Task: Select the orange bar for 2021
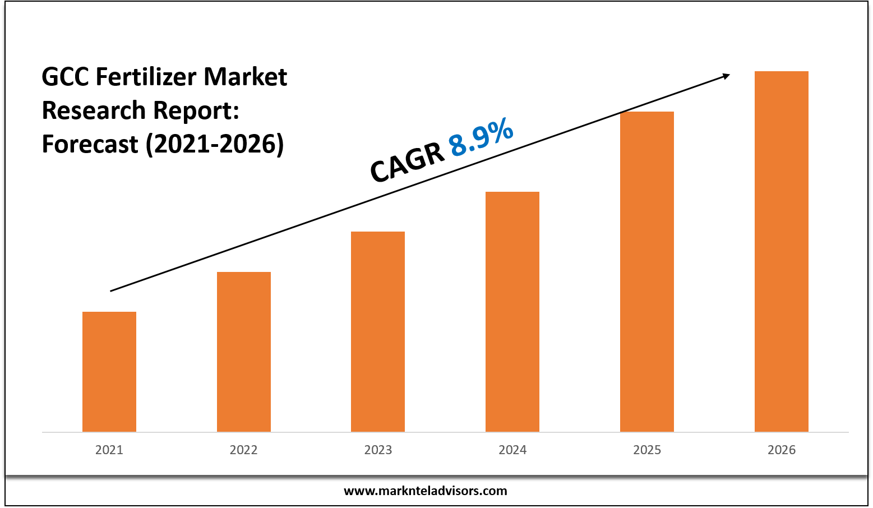109,371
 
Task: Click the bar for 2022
243,352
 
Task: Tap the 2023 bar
378,331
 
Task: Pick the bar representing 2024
512,311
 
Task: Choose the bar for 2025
647,271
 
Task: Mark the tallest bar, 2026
782,251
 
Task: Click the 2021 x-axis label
109,450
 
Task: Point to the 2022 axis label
243,450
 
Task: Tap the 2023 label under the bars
378,450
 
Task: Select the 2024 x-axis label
512,450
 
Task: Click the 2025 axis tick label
647,450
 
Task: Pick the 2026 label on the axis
782,450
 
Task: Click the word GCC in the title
66,77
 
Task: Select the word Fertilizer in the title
146,77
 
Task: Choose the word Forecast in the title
90,144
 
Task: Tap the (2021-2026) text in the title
215,144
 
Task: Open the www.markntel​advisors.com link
425,491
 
